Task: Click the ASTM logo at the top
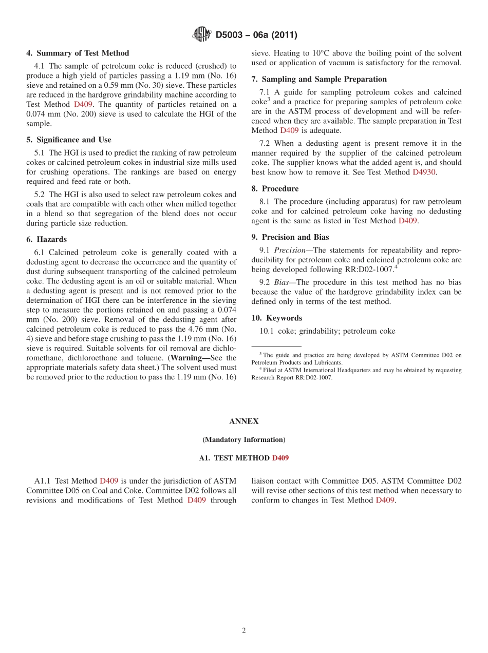click(x=201, y=34)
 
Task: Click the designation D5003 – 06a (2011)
click(x=256, y=35)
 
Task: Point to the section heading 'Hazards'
click(x=51, y=239)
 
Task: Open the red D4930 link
click(x=424, y=172)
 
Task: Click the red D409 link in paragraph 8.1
click(x=408, y=221)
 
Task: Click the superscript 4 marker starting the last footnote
click(x=260, y=369)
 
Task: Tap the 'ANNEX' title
click(x=244, y=421)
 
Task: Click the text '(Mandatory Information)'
click(x=244, y=439)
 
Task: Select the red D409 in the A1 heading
click(x=280, y=458)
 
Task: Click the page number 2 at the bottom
click(x=244, y=630)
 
